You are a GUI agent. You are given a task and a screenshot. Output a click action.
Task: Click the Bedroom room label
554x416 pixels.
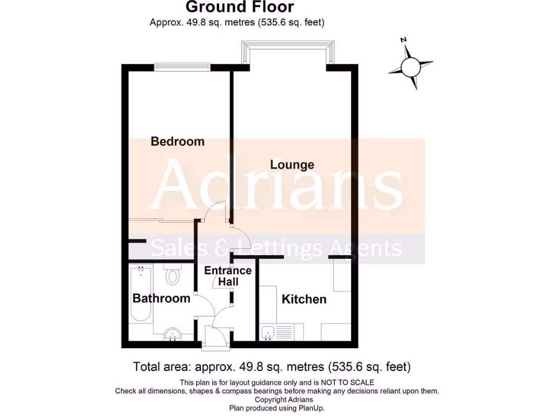click(177, 141)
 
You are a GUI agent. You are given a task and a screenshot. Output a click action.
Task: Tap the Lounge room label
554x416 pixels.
click(292, 164)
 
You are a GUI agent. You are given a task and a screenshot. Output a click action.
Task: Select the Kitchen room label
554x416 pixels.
click(304, 299)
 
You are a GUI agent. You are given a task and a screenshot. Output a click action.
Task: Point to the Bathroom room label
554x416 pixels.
click(161, 298)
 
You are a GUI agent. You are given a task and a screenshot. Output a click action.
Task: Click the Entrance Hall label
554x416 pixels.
click(228, 276)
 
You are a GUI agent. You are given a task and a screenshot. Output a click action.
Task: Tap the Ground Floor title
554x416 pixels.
click(240, 7)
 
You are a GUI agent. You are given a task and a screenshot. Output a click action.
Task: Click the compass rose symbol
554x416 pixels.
click(411, 67)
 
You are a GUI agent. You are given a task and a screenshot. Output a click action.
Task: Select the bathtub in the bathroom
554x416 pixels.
click(141, 295)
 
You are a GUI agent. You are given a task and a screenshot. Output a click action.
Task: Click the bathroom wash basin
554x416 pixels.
click(173, 335)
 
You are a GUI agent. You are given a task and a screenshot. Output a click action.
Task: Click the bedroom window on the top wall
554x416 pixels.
click(182, 67)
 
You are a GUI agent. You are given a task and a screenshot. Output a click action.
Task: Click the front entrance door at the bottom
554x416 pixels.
click(215, 337)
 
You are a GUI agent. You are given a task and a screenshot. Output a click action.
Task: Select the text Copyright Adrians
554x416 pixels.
click(276, 400)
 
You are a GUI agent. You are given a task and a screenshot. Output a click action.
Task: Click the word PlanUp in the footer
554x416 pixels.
click(310, 408)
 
